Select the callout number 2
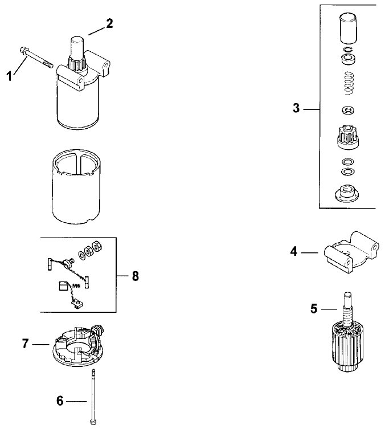tap(109, 23)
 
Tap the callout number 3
tap(296, 108)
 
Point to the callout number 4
tap(294, 251)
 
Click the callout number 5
tap(314, 309)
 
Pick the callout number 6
tap(60, 401)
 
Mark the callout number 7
tap(26, 345)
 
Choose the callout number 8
tap(135, 276)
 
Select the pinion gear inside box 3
tap(347, 137)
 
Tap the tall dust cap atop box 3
tap(347, 28)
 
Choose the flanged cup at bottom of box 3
tap(347, 194)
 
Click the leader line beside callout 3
tap(311, 108)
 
